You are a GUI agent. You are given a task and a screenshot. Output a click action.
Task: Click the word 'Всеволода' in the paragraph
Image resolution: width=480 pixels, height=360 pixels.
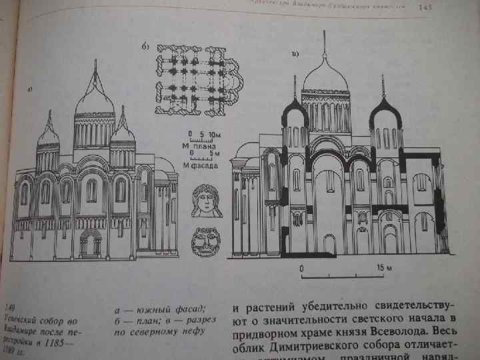pyautogui.click(x=400, y=331)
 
